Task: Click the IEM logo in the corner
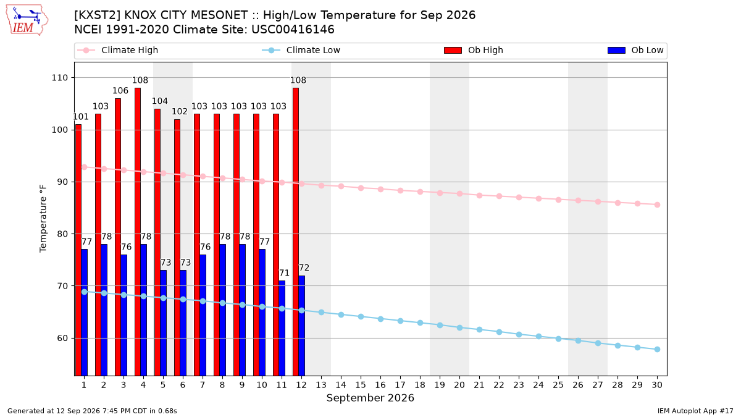tap(27, 20)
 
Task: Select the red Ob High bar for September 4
tap(138, 232)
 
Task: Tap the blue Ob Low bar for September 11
tap(282, 328)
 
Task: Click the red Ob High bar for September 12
tap(296, 232)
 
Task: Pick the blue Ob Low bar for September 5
tap(164, 322)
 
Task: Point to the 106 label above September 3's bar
tap(120, 91)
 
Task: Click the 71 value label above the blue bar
tap(284, 273)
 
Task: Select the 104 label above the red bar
tap(160, 101)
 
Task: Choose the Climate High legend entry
tap(117, 50)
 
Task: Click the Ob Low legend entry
tap(635, 50)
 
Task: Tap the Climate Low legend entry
tap(301, 50)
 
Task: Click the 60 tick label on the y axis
tap(62, 339)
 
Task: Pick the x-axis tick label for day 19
tap(440, 385)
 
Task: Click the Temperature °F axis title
tap(43, 219)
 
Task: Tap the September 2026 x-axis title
tap(370, 398)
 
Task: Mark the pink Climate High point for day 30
tap(657, 205)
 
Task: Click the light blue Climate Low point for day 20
tap(459, 327)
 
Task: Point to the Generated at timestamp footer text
tap(92, 411)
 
